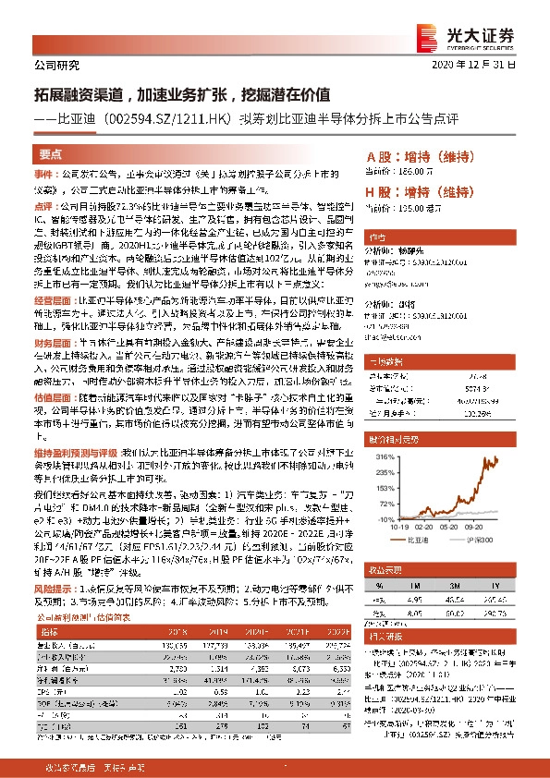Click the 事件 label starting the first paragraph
[45, 174]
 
